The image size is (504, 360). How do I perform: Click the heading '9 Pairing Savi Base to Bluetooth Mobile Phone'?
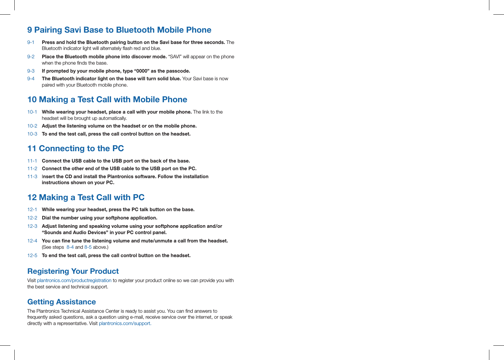(x=119, y=30)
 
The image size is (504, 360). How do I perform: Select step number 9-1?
(x=31, y=42)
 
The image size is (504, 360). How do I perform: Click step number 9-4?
(x=31, y=79)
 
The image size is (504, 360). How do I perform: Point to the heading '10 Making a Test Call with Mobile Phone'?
(x=107, y=100)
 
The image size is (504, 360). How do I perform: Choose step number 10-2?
(x=32, y=126)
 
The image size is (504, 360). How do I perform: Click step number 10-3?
(x=32, y=134)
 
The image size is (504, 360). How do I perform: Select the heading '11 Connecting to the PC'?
(x=75, y=149)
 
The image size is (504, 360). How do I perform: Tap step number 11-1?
(x=32, y=161)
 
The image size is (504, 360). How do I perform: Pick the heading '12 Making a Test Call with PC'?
(x=86, y=197)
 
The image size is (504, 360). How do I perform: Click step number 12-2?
(x=32, y=218)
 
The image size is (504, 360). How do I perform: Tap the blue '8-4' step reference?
(x=70, y=247)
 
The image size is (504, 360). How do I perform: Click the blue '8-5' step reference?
(x=88, y=247)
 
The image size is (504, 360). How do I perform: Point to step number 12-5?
(x=32, y=255)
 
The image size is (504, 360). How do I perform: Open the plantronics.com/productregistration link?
(x=74, y=280)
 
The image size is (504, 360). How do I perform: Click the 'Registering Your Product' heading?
(x=73, y=271)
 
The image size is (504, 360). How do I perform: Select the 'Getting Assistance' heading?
(x=61, y=302)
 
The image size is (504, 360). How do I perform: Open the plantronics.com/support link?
(x=125, y=323)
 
